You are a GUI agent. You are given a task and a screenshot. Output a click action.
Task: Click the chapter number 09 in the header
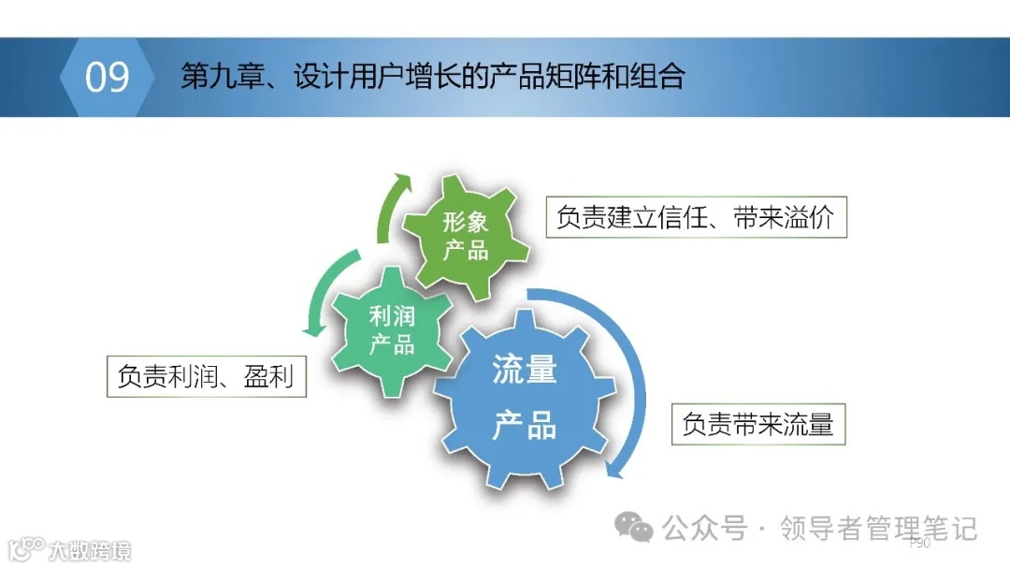tap(107, 77)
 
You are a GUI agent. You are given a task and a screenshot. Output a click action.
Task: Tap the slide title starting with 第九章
tap(432, 77)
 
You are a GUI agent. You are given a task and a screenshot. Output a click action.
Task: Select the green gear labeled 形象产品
tap(465, 236)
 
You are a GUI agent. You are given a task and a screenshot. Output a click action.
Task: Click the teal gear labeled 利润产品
tap(390, 329)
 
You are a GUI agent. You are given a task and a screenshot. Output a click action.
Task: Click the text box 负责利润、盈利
tap(206, 376)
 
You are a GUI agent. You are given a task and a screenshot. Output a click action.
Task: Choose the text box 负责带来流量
tap(757, 424)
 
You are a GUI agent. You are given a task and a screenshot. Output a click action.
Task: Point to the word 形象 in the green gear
tap(465, 222)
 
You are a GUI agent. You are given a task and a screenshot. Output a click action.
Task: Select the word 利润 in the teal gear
tap(391, 315)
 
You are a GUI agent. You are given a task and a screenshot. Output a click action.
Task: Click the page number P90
tap(919, 543)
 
